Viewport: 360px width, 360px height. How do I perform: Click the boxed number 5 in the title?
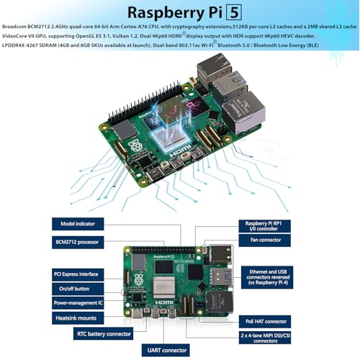tap(234, 12)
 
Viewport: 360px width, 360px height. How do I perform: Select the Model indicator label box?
tap(78, 224)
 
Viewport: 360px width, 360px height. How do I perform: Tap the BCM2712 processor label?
tap(78, 242)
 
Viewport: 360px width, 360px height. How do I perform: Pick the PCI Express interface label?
tap(78, 274)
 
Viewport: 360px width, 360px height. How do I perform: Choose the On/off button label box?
tap(78, 289)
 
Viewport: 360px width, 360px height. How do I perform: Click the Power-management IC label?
tap(78, 303)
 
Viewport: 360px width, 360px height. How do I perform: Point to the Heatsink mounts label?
tap(78, 318)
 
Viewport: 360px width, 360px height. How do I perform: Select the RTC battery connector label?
tap(103, 333)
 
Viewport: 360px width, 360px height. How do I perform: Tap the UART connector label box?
tap(166, 351)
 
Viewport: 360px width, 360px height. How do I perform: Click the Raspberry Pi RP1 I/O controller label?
tap(264, 226)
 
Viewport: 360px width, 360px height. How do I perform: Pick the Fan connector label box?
tap(264, 240)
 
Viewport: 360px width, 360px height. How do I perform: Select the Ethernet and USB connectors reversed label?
tap(267, 277)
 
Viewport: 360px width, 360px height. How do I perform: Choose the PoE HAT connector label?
tap(265, 322)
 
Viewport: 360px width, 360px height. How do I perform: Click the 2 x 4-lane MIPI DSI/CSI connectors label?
tap(265, 338)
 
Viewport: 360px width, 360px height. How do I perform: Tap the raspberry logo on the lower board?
tap(138, 280)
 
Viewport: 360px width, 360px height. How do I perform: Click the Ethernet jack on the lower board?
tap(220, 302)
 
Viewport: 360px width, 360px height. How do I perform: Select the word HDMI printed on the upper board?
tap(181, 151)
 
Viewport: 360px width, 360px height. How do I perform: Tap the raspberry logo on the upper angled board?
tap(135, 145)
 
